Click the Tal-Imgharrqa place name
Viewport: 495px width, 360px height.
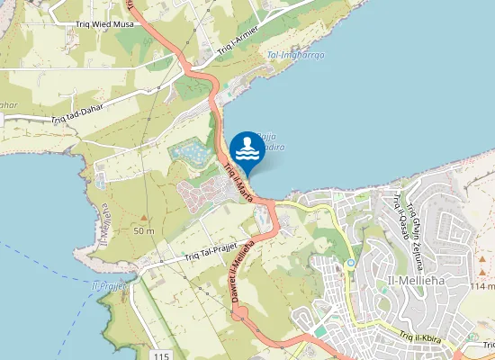[x=295, y=55]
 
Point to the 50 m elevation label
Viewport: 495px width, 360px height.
[x=144, y=231]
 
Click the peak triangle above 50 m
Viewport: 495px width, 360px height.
[x=143, y=218]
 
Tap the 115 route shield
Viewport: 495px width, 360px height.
[x=161, y=334]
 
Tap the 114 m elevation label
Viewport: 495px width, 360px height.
[x=481, y=285]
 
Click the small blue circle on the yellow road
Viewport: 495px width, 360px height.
[x=350, y=263]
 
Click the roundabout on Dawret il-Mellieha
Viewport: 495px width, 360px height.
[x=240, y=314]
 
